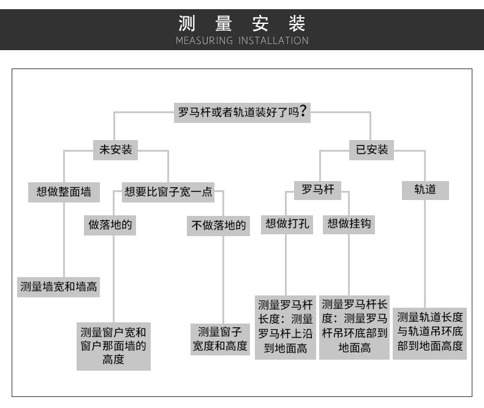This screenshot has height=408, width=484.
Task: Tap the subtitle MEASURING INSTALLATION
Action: pyautogui.click(x=242, y=41)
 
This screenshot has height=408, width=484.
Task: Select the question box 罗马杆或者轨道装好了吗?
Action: pyautogui.click(x=241, y=113)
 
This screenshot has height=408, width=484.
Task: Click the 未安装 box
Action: pyautogui.click(x=116, y=149)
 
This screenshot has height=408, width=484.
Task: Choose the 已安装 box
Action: pyautogui.click(x=372, y=149)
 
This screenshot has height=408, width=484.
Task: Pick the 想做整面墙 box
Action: pyautogui.click(x=64, y=191)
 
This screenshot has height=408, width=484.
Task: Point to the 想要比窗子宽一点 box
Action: pyautogui.click(x=168, y=191)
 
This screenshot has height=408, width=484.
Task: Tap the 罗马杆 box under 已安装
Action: pyautogui.click(x=318, y=190)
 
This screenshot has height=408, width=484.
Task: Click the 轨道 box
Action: pyautogui.click(x=425, y=190)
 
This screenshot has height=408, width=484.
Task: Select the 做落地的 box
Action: pyautogui.click(x=110, y=224)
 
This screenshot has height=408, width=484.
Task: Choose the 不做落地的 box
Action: pyautogui.click(x=219, y=225)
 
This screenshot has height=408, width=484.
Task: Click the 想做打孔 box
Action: pyautogui.click(x=287, y=224)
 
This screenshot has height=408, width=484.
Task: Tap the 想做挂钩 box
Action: pyautogui.click(x=349, y=224)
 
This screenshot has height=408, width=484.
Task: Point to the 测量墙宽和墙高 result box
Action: pyautogui.click(x=59, y=286)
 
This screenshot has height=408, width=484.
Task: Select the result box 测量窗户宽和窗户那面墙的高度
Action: pyautogui.click(x=113, y=346)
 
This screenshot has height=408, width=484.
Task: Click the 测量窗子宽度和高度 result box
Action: pyautogui.click(x=220, y=339)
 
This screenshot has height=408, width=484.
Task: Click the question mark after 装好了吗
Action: pyautogui.click(x=303, y=113)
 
